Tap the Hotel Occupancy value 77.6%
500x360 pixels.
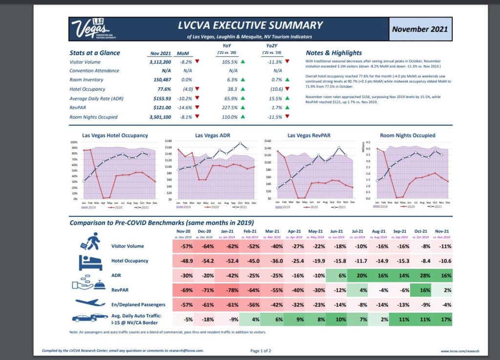coord(163,89)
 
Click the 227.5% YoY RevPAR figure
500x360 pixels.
coord(229,108)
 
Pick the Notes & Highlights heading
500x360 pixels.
coord(333,53)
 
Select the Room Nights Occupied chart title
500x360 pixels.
coord(407,135)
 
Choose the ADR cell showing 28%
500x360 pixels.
coord(421,275)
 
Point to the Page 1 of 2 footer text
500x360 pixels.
coord(261,351)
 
